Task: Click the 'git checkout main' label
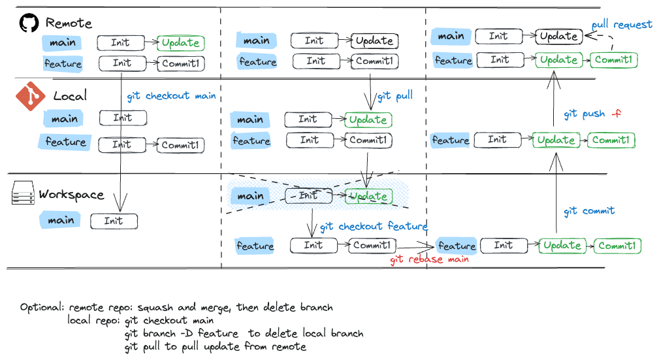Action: click(171, 95)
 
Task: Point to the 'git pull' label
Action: click(395, 96)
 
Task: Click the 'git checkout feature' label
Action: click(373, 226)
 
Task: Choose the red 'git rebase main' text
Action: click(429, 259)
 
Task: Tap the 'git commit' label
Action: click(589, 211)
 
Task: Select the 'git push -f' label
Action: click(592, 114)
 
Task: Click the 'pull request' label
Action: click(621, 25)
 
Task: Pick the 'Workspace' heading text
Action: click(71, 195)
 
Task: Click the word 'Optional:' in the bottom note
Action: click(42, 307)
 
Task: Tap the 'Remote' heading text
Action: click(69, 23)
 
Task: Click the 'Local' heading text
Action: click(69, 96)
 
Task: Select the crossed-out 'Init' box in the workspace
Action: click(308, 195)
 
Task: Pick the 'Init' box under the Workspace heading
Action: click(114, 221)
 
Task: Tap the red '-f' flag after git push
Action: click(615, 114)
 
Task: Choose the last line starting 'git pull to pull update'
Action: click(216, 346)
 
